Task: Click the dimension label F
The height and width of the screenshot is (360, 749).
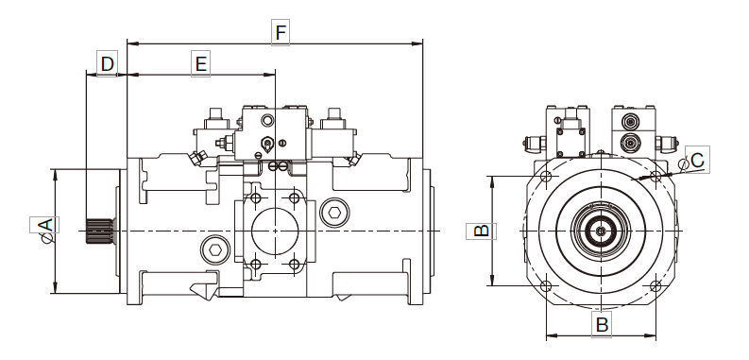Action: click(281, 32)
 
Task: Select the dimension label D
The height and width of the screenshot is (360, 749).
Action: click(107, 63)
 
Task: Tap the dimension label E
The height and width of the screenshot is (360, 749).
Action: click(200, 63)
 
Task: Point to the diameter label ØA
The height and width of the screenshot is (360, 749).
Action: click(44, 231)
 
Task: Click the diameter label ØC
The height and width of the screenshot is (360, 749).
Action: click(693, 161)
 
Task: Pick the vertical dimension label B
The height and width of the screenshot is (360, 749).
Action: click(481, 231)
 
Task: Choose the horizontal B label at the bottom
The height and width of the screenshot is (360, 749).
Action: click(602, 324)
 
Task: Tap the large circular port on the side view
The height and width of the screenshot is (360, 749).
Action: click(275, 231)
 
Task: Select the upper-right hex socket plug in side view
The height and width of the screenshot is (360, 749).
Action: click(335, 212)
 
